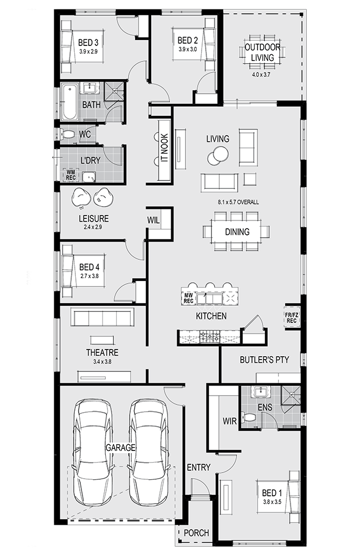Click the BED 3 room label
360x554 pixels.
click(88, 43)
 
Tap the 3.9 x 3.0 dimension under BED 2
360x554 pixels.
click(187, 49)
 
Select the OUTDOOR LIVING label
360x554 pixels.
click(263, 52)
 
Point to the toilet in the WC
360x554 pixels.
click(68, 134)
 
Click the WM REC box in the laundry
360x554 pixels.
click(71, 175)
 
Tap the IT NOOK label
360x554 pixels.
click(164, 148)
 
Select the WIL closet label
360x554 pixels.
click(153, 220)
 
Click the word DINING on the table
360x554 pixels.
click(237, 232)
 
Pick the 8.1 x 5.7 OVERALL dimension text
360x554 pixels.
click(238, 202)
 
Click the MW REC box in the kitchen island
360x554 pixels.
click(188, 298)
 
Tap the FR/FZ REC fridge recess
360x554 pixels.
click(291, 317)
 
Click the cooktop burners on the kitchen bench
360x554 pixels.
click(210, 337)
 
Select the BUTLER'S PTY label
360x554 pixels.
click(264, 360)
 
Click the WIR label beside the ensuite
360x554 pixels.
click(230, 421)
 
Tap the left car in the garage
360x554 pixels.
click(93, 453)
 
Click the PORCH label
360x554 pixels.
click(197, 533)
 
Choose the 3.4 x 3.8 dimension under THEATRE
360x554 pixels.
click(102, 361)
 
